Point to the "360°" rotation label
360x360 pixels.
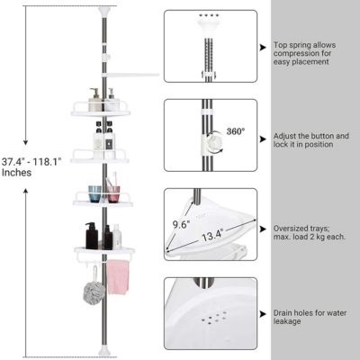pos(237,130)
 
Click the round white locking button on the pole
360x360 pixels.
pos(216,141)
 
